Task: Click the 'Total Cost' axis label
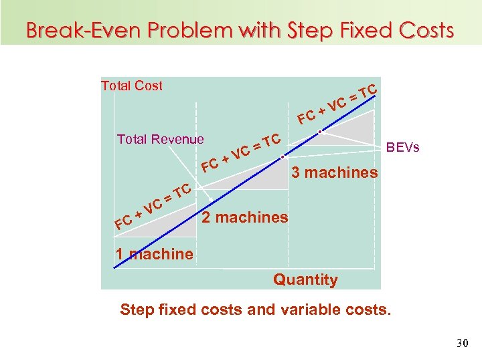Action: (x=131, y=86)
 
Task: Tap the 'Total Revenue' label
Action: (x=160, y=139)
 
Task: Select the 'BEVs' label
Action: (x=404, y=147)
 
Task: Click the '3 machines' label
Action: (x=335, y=172)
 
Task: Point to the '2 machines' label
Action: (x=245, y=217)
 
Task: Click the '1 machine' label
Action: (x=154, y=254)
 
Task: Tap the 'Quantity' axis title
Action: (x=305, y=279)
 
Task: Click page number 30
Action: (x=461, y=343)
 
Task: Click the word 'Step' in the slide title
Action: (x=311, y=30)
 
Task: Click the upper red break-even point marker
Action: (x=321, y=131)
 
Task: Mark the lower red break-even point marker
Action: (x=283, y=158)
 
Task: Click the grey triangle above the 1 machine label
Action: (x=154, y=227)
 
